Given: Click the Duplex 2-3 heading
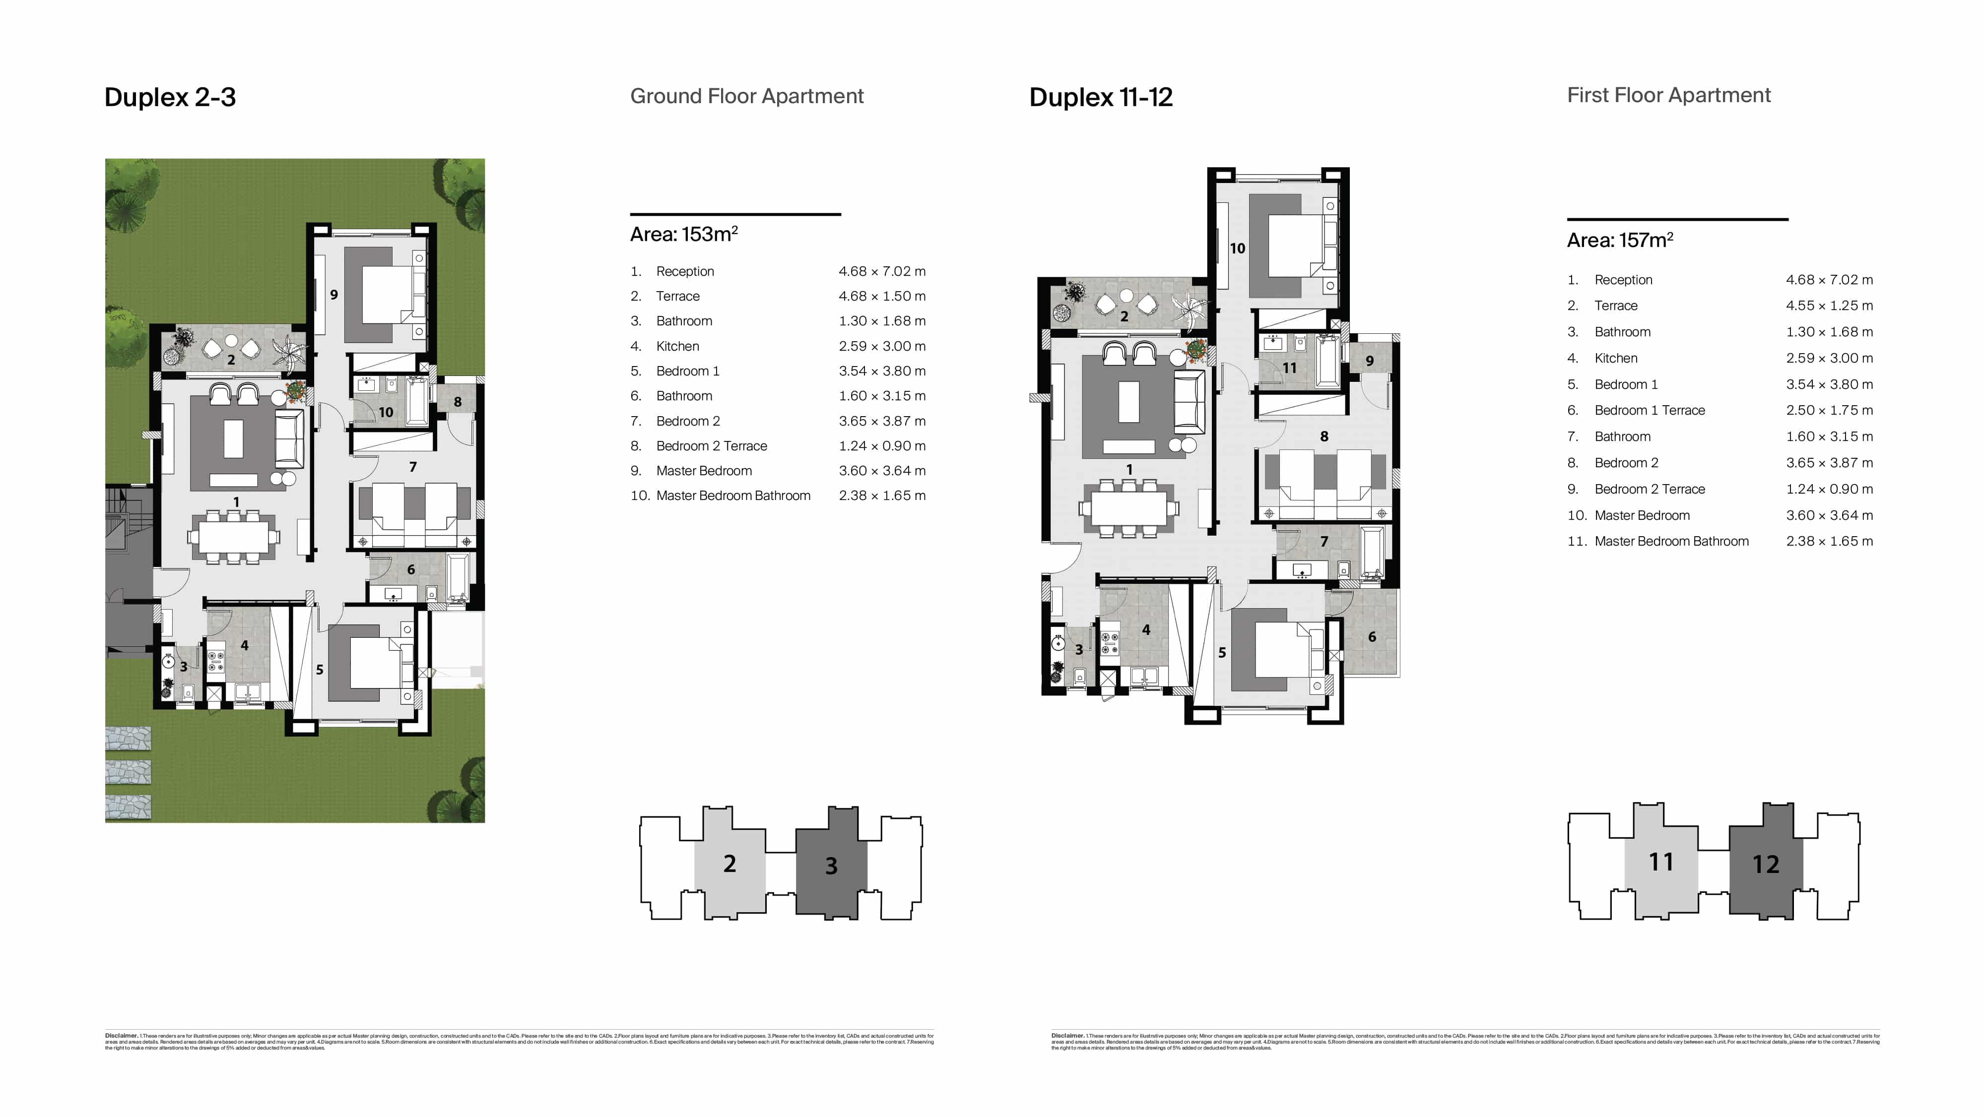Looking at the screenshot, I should [170, 97].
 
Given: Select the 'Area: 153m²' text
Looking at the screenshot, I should [683, 234].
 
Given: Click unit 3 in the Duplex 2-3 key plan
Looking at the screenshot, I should [831, 865].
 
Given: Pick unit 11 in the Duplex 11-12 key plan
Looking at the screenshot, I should [1660, 861].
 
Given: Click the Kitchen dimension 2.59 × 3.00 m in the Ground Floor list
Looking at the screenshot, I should [881, 346].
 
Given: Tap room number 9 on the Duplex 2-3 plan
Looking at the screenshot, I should [333, 294].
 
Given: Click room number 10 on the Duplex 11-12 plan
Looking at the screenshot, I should [1237, 248].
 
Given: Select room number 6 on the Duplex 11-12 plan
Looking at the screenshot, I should [1372, 636].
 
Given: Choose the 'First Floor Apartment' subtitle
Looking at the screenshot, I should [1668, 96].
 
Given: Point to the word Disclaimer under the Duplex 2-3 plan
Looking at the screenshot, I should [121, 1035].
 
